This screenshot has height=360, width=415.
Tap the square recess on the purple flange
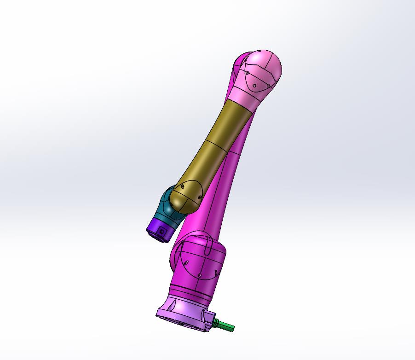[162, 232]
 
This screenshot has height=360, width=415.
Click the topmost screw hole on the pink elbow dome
[260, 52]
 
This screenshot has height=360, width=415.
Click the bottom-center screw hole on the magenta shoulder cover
[200, 276]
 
